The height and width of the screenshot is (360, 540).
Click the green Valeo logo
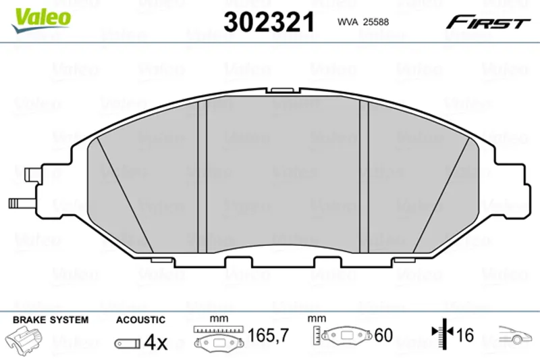(41, 20)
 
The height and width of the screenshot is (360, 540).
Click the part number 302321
(269, 22)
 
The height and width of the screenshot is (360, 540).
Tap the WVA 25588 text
(363, 22)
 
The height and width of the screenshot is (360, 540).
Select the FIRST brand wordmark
(488, 22)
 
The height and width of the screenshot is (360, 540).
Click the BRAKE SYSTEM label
(51, 319)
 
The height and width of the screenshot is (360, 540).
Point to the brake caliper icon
(23, 338)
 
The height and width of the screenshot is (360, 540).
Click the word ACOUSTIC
(140, 320)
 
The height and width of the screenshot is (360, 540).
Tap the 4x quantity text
(156, 342)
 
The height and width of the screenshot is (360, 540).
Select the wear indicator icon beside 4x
(128, 343)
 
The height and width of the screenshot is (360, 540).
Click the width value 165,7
(268, 335)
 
